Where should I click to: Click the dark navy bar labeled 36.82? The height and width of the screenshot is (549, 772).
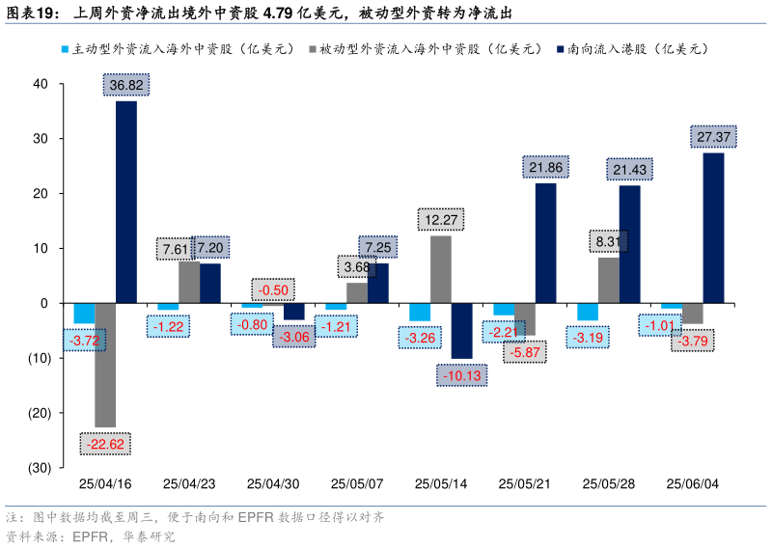point(125,202)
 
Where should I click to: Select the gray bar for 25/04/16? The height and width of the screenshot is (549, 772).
point(105,365)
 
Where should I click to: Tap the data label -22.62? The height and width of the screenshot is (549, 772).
point(105,445)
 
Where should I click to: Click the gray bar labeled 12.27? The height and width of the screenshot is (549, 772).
point(440,269)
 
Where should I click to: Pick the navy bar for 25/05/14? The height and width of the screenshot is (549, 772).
point(461,330)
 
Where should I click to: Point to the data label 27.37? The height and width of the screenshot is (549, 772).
point(713,137)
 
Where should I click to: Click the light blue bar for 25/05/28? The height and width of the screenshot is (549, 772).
point(587,312)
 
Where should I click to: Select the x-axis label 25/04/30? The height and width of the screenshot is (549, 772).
point(272,483)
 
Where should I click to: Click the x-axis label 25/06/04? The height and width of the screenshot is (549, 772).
point(692,483)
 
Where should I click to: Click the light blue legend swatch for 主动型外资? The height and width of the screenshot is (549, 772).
point(65,48)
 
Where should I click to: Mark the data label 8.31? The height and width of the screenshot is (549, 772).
point(608,242)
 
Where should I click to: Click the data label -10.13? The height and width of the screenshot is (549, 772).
point(462,375)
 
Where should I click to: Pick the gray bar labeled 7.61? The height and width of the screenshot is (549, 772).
point(189,282)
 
